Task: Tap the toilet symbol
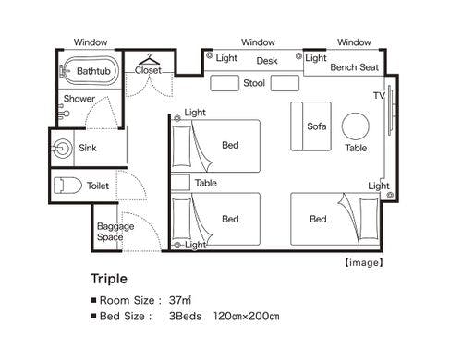(67, 186)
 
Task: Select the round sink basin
(63, 149)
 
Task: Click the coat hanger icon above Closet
(149, 59)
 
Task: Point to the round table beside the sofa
(356, 126)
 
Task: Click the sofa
(310, 126)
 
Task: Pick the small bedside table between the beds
(180, 183)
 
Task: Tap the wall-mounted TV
(390, 110)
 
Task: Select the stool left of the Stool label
(225, 83)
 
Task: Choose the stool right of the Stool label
(285, 83)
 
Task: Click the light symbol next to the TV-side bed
(390, 195)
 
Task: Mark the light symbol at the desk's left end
(210, 55)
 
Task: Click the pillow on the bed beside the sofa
(181, 146)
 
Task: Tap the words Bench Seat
(354, 67)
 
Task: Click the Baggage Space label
(115, 232)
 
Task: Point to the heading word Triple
(109, 279)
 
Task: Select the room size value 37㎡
(180, 300)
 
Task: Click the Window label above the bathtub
(91, 42)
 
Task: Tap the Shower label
(79, 99)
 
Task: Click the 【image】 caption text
(364, 262)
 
